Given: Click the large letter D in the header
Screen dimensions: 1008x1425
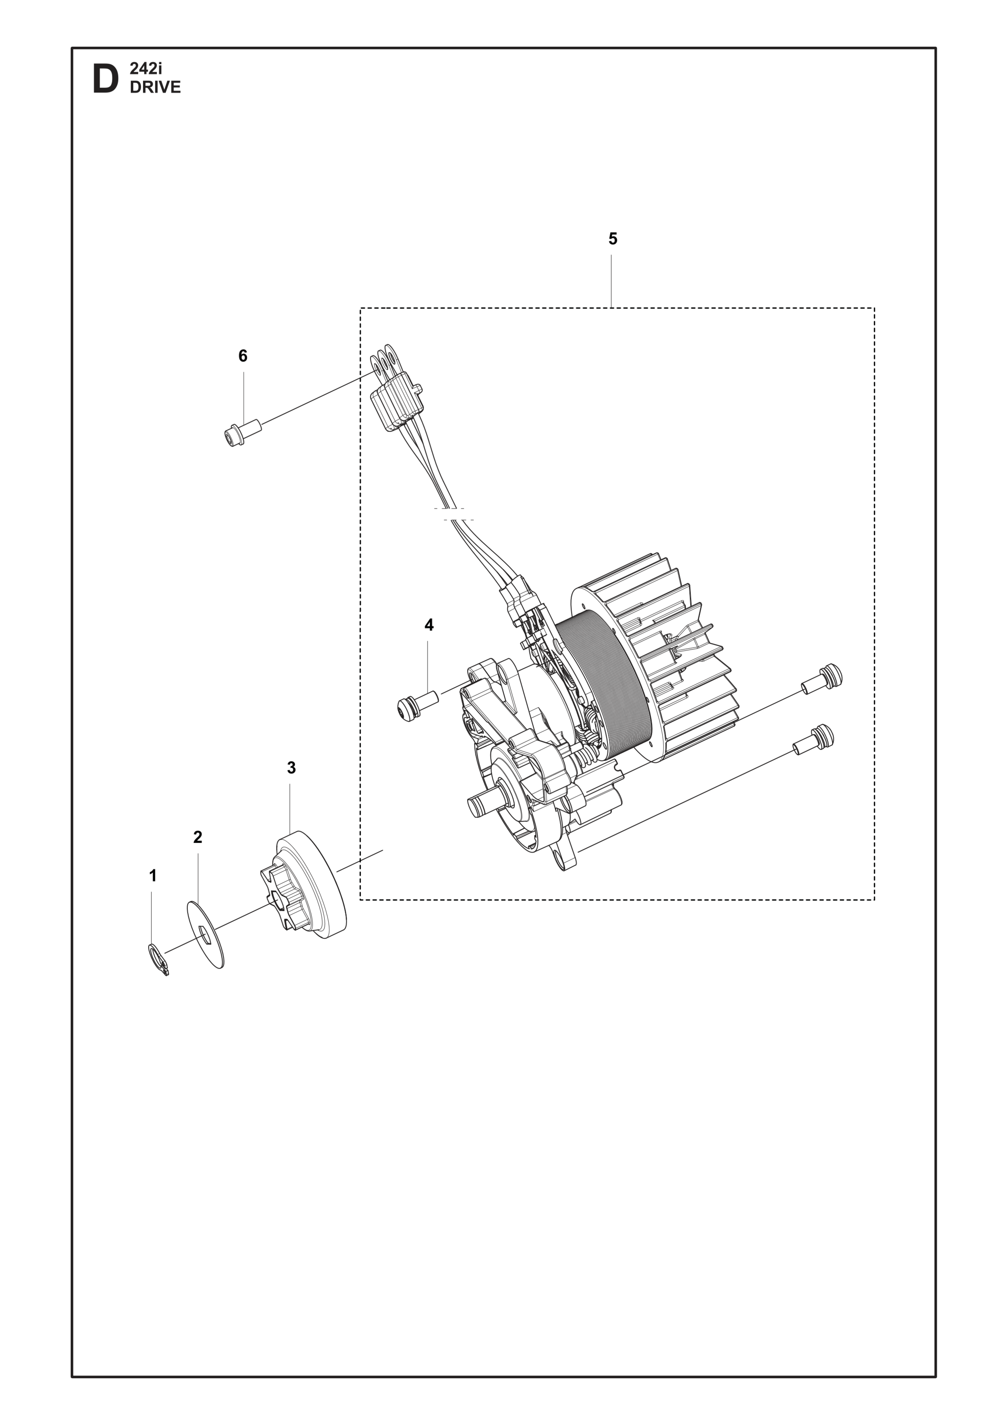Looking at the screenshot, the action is (x=105, y=79).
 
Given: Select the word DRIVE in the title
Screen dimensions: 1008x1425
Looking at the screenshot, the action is (x=155, y=88).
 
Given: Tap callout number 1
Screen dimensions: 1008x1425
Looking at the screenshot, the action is (x=153, y=876).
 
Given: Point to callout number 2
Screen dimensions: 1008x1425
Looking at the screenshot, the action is (x=198, y=837).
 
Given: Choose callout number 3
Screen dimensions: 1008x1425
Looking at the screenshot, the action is (x=291, y=768).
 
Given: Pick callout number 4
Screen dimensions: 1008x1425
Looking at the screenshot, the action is (x=429, y=625).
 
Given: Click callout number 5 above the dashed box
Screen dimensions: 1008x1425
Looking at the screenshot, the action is (x=613, y=239).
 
